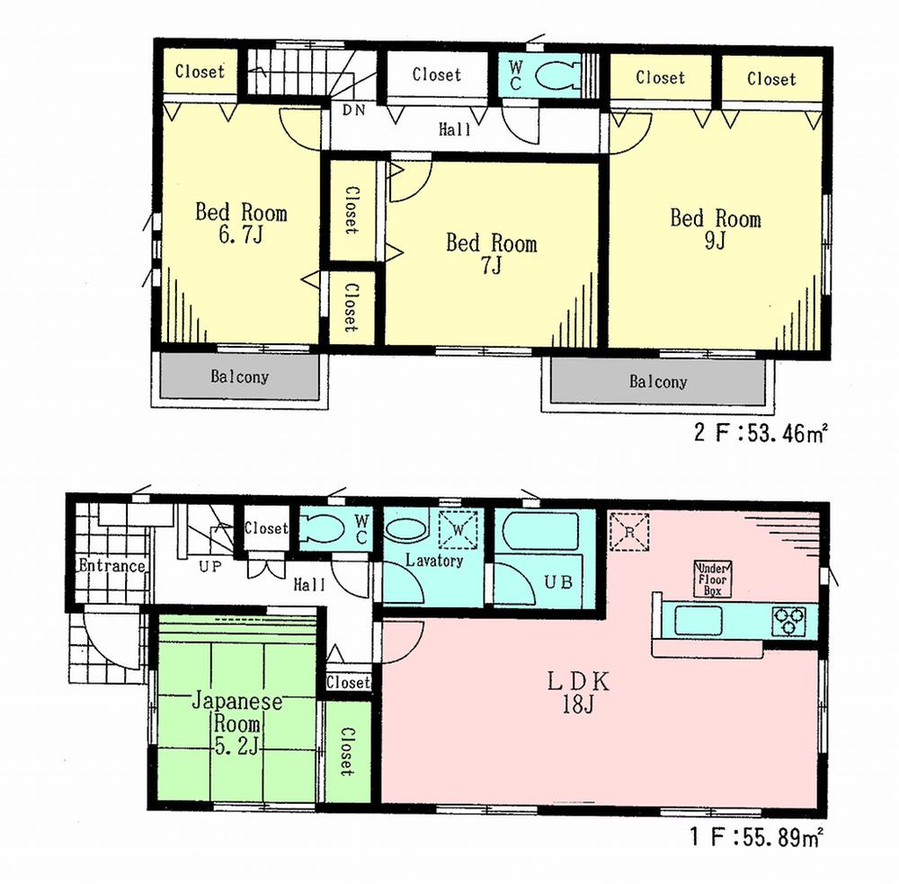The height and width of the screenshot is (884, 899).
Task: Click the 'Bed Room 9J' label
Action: click(x=715, y=230)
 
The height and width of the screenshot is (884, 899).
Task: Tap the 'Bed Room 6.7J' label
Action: click(x=241, y=225)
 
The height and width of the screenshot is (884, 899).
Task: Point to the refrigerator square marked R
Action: click(x=628, y=530)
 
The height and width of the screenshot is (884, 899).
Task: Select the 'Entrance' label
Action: click(x=111, y=566)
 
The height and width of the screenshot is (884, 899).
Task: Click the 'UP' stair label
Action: click(x=210, y=567)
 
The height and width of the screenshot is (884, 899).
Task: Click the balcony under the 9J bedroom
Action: click(x=657, y=383)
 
